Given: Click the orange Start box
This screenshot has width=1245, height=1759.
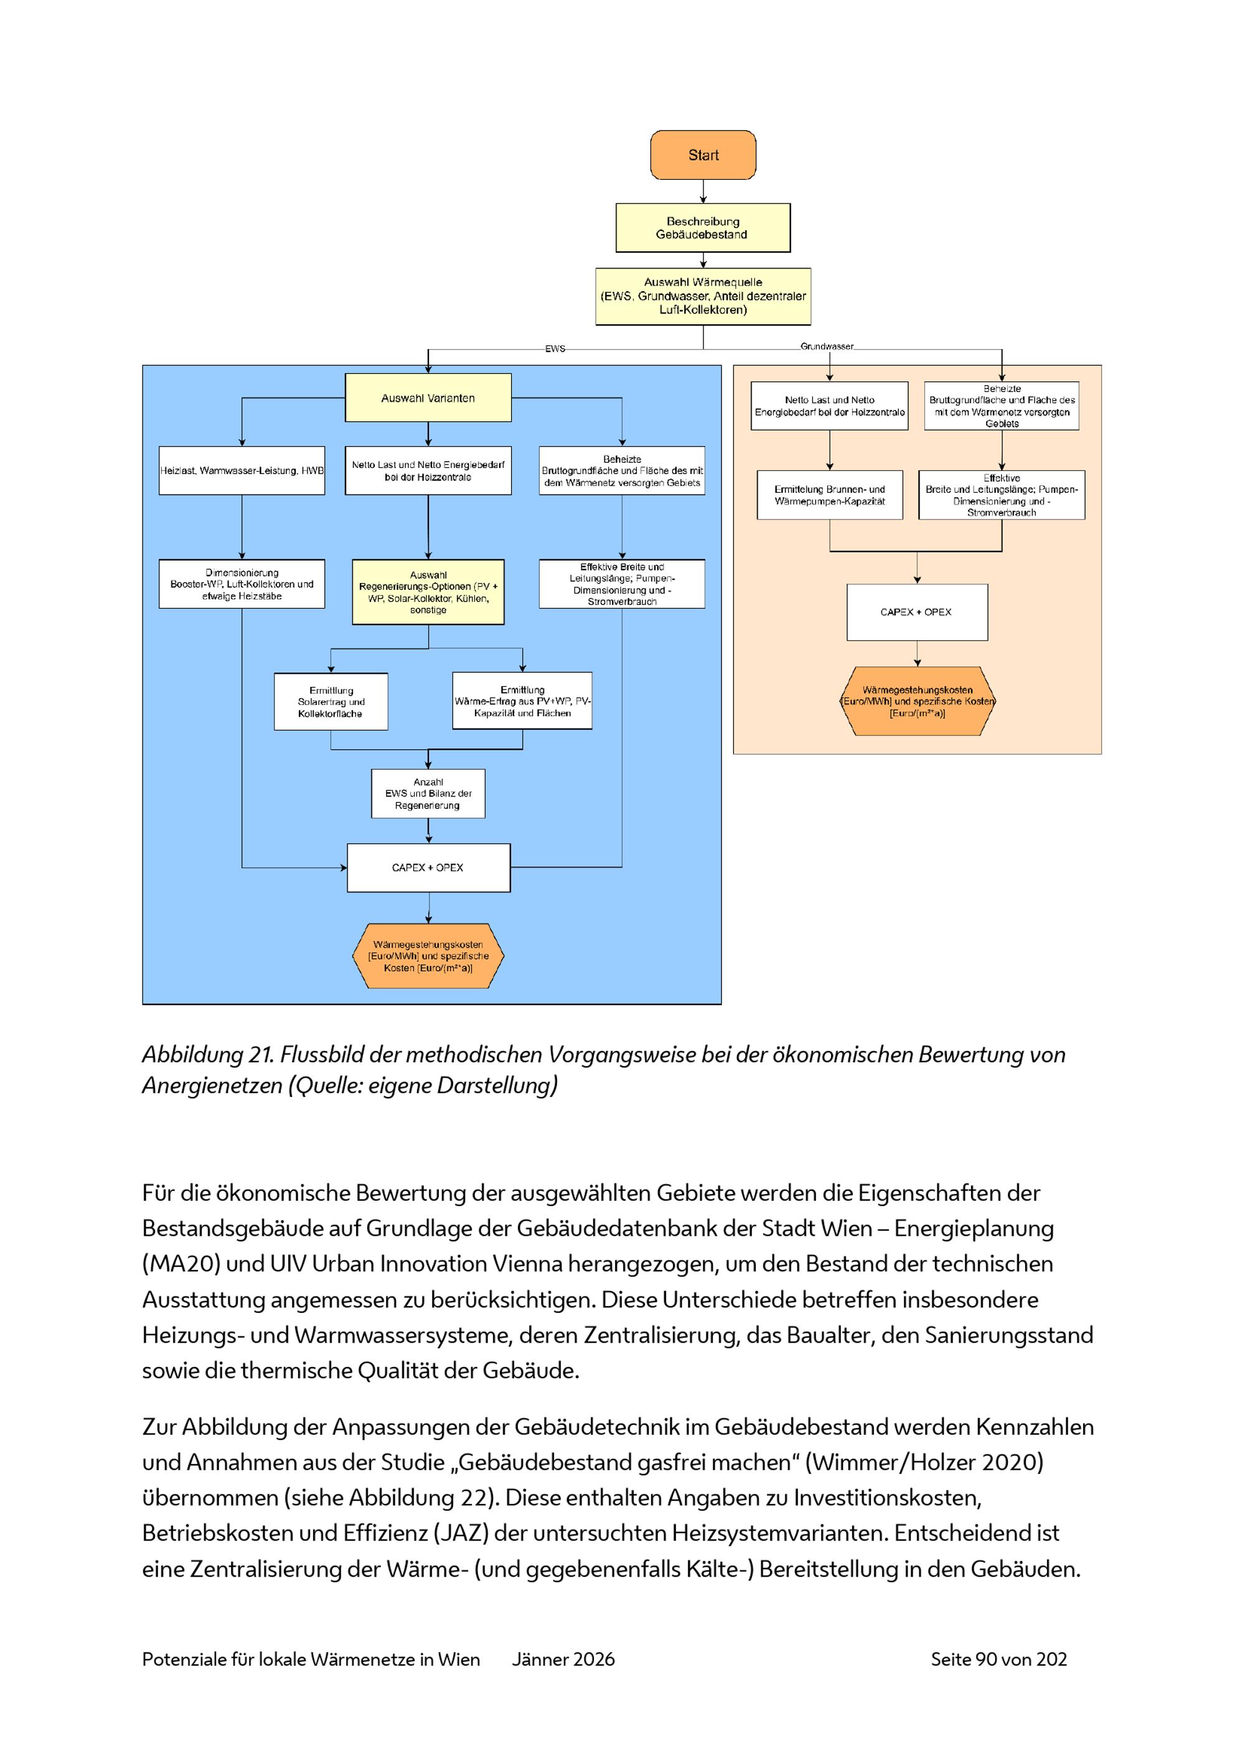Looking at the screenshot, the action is coord(703,155).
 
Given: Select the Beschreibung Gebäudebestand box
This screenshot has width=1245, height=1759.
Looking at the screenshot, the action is coord(703,228).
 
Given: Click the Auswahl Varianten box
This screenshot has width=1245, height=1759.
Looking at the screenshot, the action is coord(428,398).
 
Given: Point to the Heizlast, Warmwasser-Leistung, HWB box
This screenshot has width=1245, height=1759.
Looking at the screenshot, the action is coord(242,470).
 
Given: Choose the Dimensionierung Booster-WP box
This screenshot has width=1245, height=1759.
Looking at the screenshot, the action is coord(242,584).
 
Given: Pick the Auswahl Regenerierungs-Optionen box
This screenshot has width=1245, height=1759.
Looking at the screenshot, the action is coord(428,592).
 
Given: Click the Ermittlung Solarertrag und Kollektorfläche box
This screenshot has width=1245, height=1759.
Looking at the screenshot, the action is coord(331,702).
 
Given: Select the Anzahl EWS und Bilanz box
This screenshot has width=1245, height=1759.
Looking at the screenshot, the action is coord(428,794).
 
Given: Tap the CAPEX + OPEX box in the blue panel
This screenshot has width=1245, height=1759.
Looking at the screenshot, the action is coord(428,867).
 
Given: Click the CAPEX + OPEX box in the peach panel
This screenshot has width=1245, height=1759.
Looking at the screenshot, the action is coord(917,612).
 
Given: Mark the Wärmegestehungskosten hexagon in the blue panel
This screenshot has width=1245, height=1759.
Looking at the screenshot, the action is coord(428,956).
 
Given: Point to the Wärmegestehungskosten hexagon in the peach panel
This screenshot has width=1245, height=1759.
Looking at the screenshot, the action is coord(917,701).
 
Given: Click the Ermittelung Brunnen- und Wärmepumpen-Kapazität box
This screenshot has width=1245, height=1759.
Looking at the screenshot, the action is coord(830,495).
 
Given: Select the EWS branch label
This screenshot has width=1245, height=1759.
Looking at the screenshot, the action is coord(555,348).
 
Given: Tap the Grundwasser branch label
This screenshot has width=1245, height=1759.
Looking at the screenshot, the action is coord(827,347).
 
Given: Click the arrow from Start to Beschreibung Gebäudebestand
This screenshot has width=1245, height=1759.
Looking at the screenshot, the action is coord(703,192).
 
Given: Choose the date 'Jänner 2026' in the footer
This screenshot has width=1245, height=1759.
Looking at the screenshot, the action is coord(563,1659).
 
